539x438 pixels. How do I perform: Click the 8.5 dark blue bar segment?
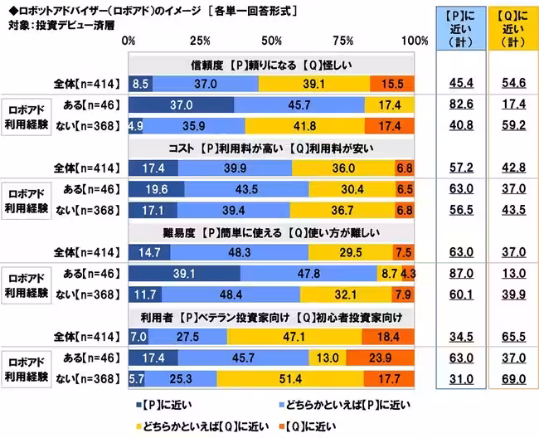[x=141, y=83]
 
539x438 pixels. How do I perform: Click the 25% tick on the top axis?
[x=200, y=41]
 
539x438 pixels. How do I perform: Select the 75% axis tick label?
[x=342, y=41]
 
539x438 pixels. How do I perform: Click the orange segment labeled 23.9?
[x=392, y=358]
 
